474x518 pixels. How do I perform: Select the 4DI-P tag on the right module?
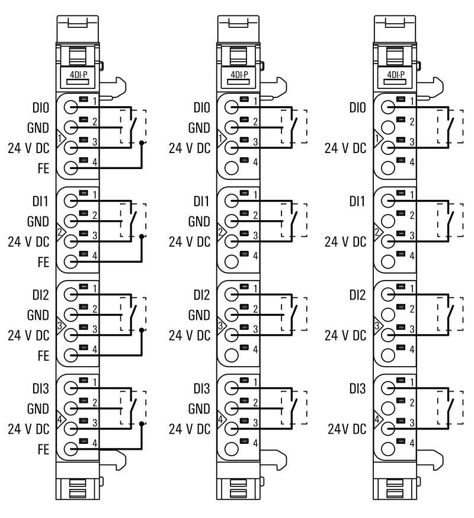(396, 75)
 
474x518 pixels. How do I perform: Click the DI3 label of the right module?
(357, 389)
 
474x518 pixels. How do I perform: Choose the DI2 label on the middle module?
(201, 295)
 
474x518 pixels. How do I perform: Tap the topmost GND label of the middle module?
(199, 128)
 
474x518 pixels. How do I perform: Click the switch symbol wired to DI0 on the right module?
(450, 126)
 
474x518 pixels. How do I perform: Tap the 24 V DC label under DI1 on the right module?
(345, 242)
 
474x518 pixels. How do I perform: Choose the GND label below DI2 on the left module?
(38, 315)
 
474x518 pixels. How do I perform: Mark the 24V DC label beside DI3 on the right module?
(347, 428)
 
